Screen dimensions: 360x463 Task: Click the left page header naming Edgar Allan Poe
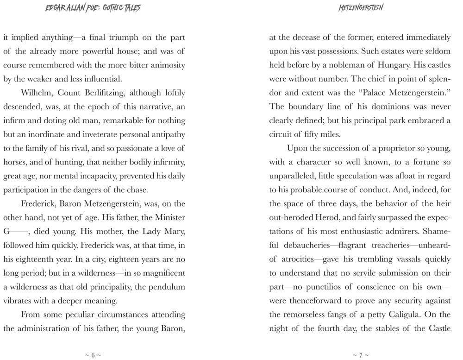93,8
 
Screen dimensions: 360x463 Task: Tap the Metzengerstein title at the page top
361,8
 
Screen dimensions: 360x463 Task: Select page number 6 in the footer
93,355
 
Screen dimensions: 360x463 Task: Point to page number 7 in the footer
361,355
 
